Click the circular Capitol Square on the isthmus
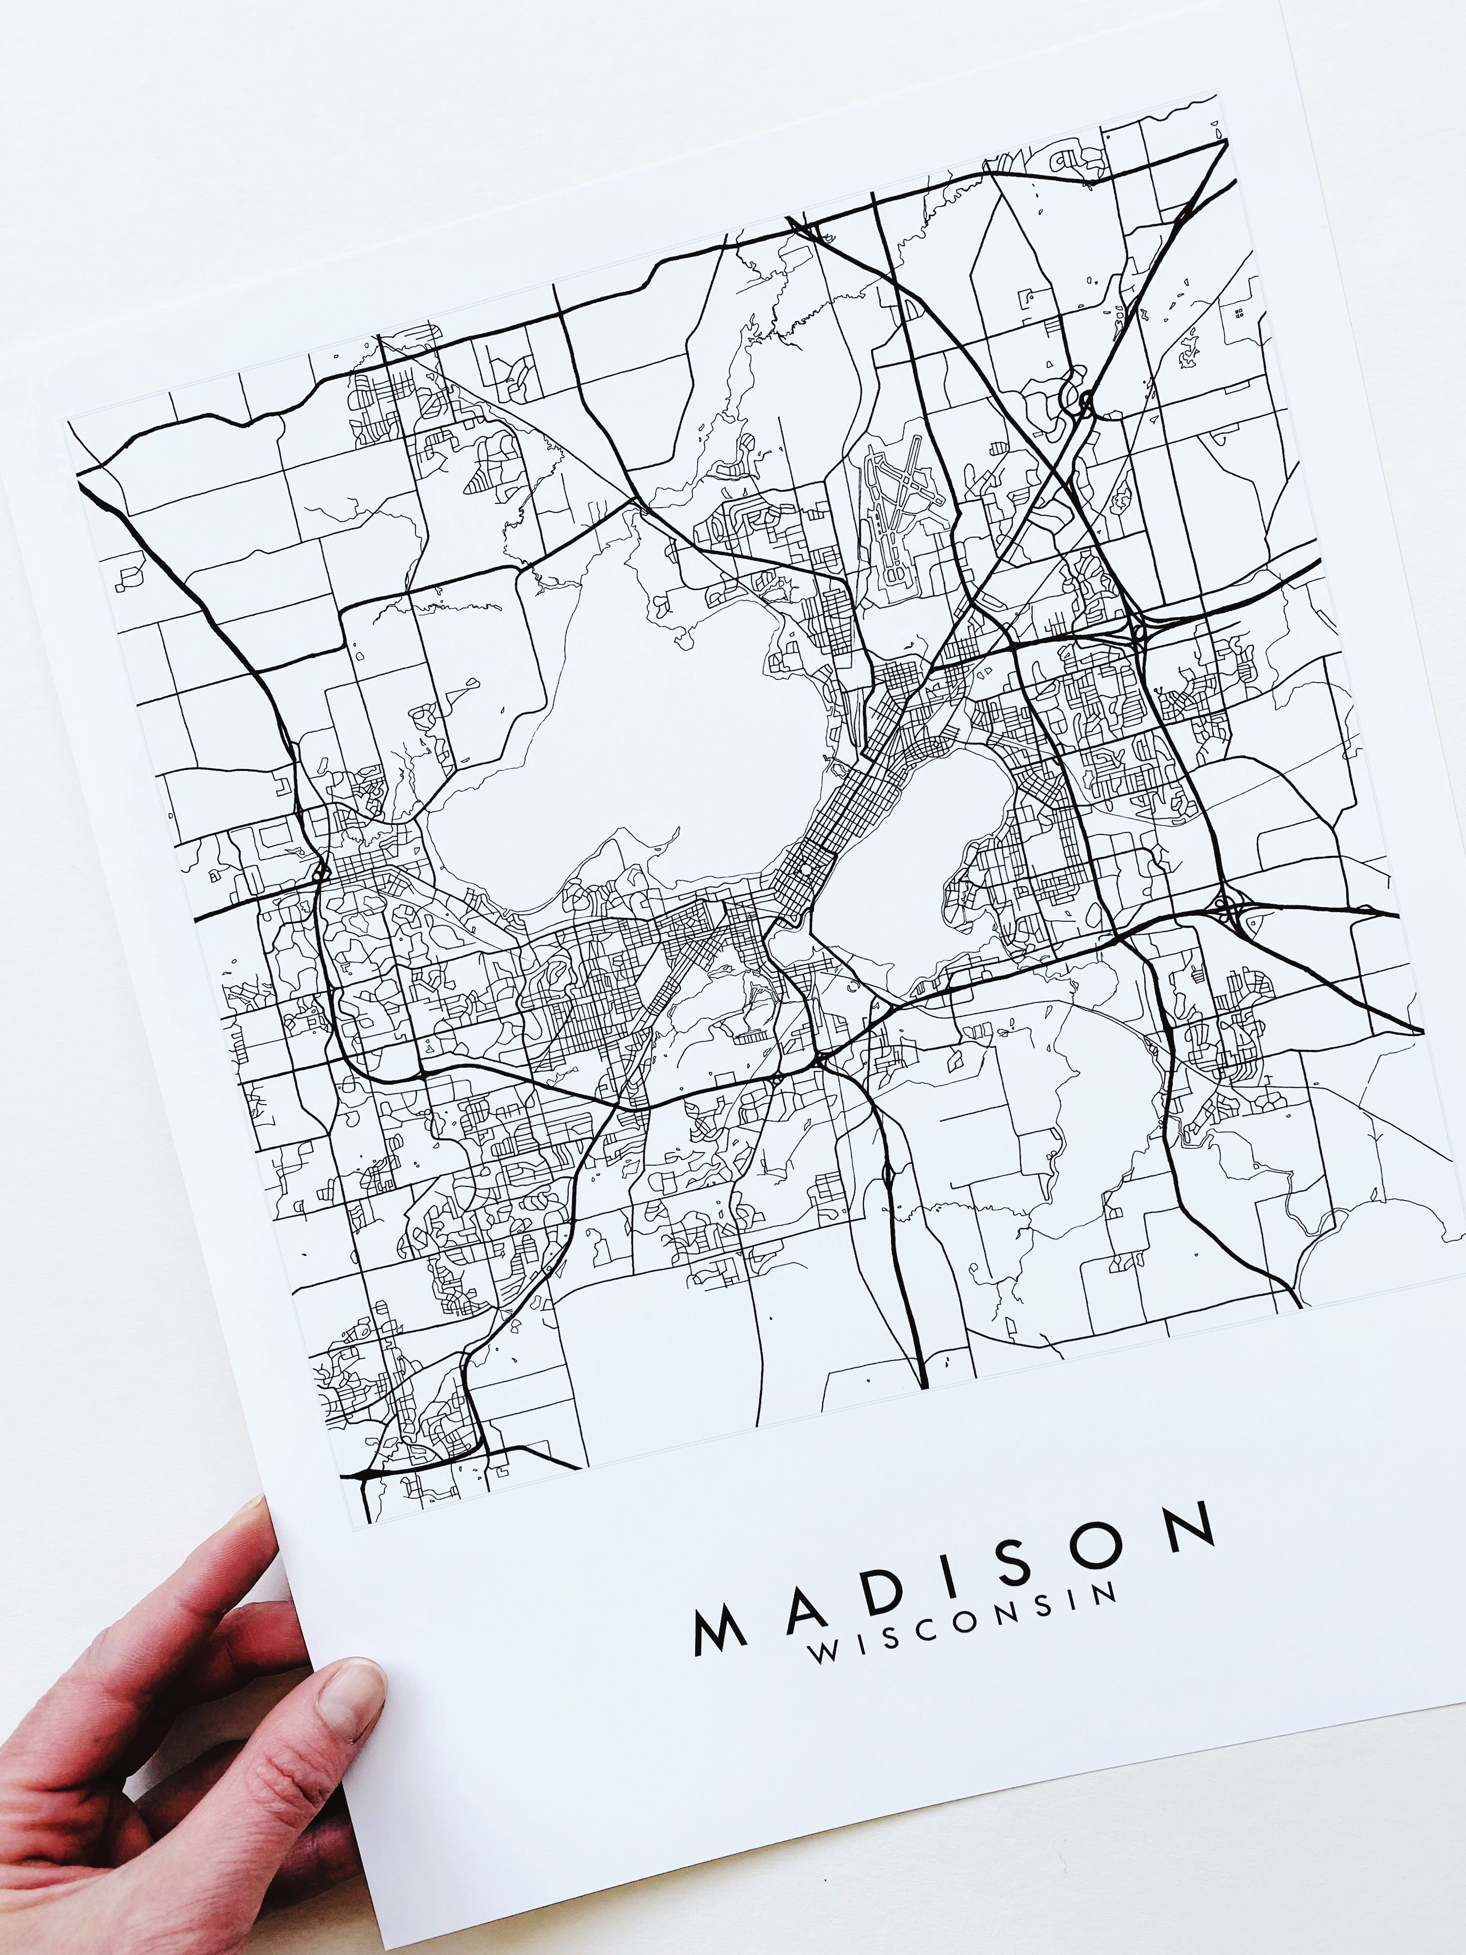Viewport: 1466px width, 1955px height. (x=806, y=870)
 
